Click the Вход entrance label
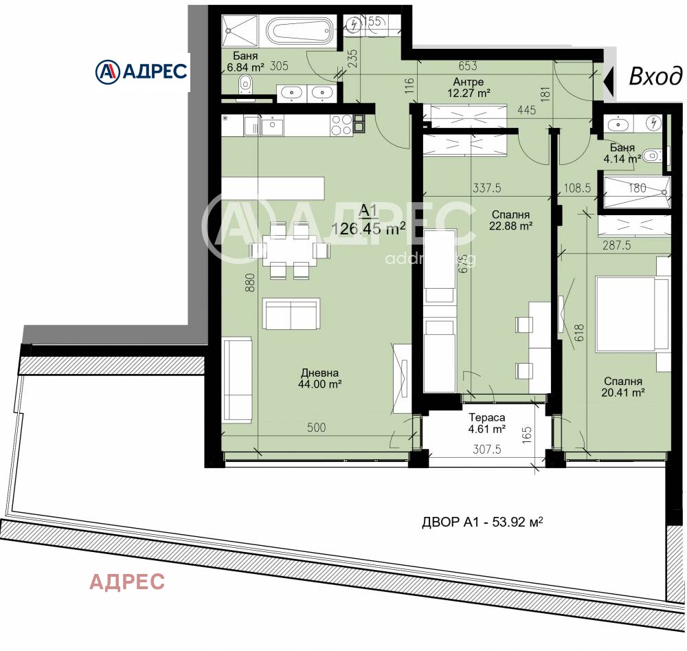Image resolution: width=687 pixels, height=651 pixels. pyautogui.click(x=656, y=76)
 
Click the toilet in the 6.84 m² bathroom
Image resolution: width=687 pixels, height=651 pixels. pyautogui.click(x=246, y=85)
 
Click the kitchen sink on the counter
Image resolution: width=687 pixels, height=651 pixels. pyautogui.click(x=271, y=126)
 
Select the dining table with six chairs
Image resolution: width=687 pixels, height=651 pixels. pyautogui.click(x=289, y=249)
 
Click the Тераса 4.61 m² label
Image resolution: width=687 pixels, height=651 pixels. pyautogui.click(x=487, y=423)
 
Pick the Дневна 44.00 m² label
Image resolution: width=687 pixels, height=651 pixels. pyautogui.click(x=319, y=379)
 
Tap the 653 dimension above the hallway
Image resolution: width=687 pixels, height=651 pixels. pyautogui.click(x=467, y=66)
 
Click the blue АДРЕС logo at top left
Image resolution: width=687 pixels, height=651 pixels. pyautogui.click(x=142, y=71)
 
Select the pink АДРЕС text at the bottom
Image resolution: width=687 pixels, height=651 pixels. pyautogui.click(x=127, y=582)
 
